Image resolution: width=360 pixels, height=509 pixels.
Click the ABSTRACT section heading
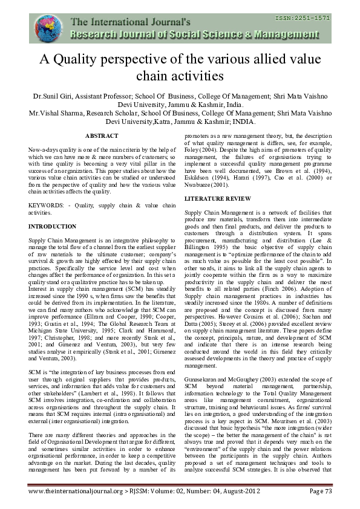102,136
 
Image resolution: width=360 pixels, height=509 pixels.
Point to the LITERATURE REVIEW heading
212,198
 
